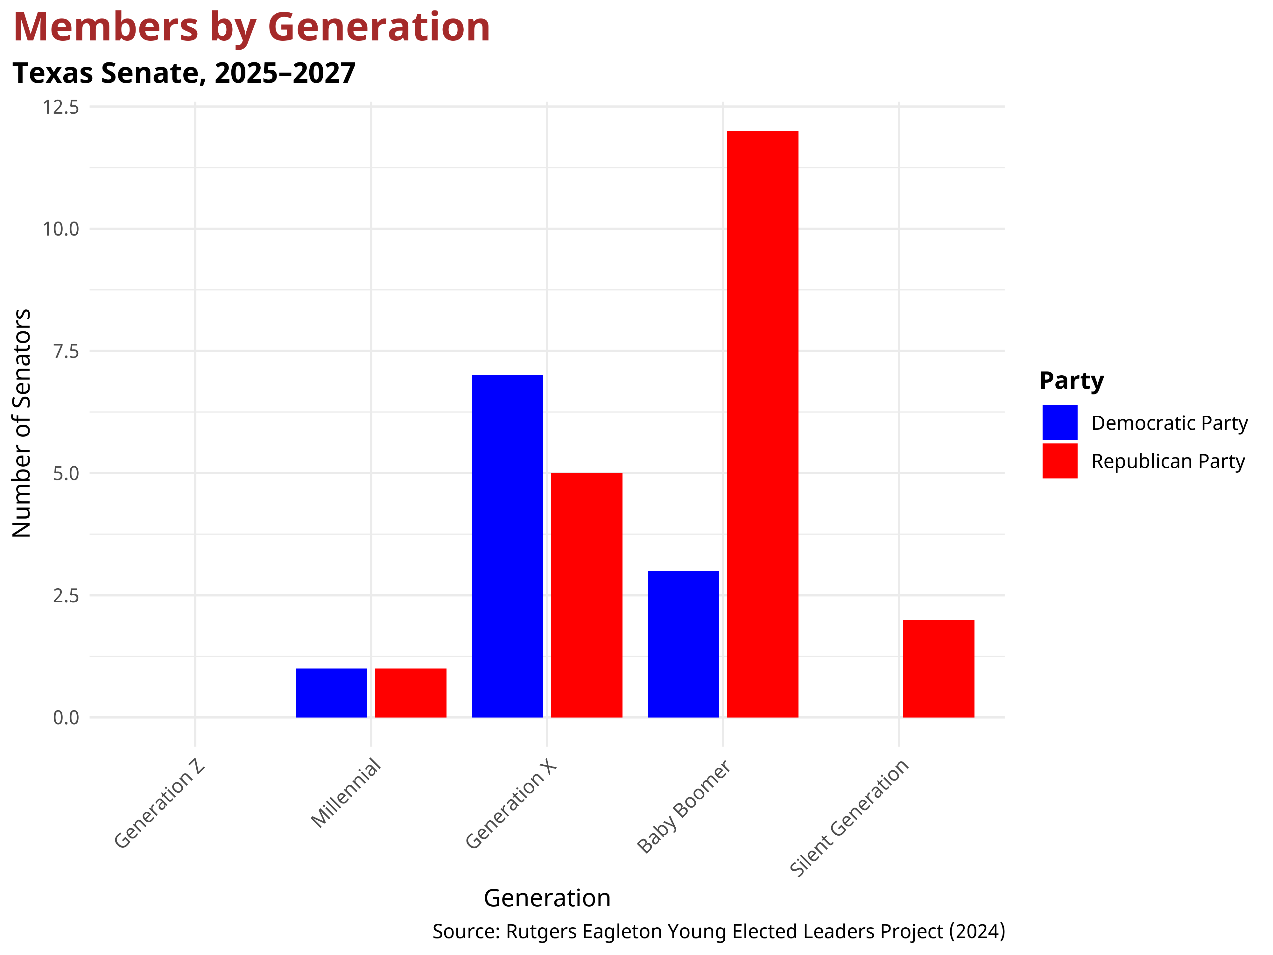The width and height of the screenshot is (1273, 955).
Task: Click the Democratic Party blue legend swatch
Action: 1059,422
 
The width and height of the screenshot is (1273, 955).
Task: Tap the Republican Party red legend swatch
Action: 1059,461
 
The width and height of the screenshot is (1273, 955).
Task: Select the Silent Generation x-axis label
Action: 849,818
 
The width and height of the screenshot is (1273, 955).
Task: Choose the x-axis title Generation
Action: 547,898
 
